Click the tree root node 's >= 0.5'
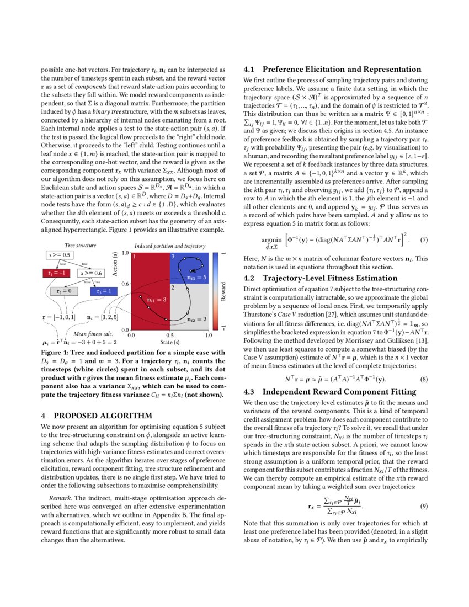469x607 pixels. tap(60, 255)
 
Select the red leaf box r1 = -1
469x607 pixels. tap(56, 273)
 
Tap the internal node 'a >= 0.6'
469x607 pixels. tap(91, 273)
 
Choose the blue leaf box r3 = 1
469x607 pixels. tap(104, 291)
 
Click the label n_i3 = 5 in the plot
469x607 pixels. tap(196, 278)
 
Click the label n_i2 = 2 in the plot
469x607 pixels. tap(196, 319)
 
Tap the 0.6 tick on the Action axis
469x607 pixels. tap(125, 284)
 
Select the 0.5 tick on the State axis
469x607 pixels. tap(170, 335)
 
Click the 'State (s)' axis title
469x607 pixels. tap(170, 343)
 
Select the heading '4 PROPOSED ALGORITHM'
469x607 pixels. tap(89, 415)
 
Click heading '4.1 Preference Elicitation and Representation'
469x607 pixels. tap(332, 69)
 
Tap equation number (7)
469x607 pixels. tap(424, 241)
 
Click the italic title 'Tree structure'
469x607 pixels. tap(80, 245)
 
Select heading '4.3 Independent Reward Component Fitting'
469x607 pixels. tap(327, 392)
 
